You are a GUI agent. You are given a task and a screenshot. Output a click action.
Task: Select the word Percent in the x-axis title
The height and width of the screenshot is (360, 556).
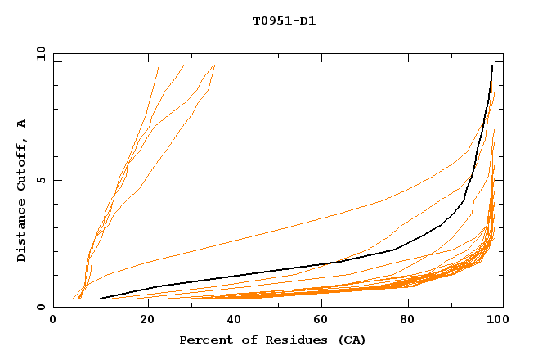(204, 340)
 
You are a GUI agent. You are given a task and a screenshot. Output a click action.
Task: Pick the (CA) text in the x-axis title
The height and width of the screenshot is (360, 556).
(349, 340)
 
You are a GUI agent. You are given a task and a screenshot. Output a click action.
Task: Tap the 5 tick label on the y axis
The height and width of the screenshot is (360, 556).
(39, 180)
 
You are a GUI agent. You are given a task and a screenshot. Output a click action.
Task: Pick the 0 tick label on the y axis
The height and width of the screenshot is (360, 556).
(39, 308)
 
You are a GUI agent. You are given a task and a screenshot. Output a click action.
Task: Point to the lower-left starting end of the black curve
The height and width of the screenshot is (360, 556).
(101, 299)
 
